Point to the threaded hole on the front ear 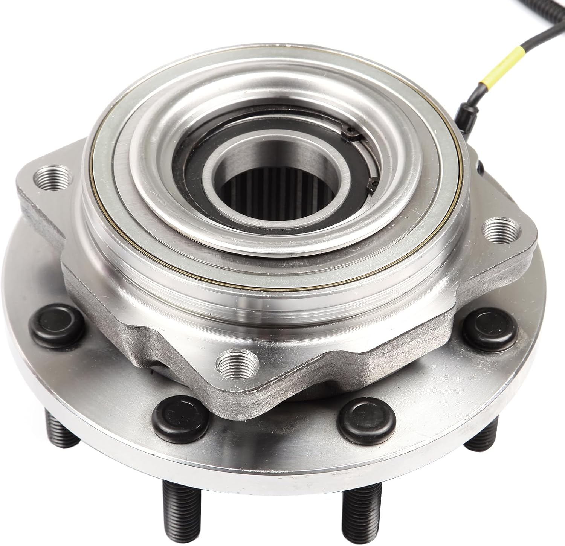tap(238, 362)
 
